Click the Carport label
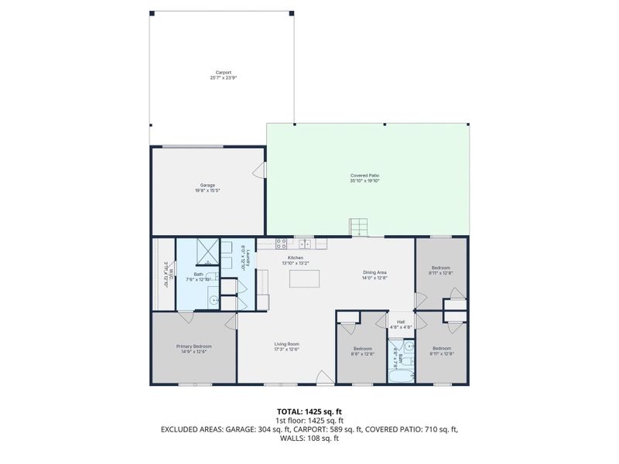click(223, 73)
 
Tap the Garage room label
click(207, 186)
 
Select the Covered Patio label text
click(364, 176)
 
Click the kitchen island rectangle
click(304, 278)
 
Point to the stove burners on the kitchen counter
click(282, 244)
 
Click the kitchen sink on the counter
click(307, 244)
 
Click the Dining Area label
click(374, 272)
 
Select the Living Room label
click(286, 344)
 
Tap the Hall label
click(401, 322)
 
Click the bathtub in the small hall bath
click(402, 377)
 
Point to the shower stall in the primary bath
click(208, 251)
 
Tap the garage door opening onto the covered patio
click(262, 171)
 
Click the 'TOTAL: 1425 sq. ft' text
click(309, 411)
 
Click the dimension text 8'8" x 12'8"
click(362, 353)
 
